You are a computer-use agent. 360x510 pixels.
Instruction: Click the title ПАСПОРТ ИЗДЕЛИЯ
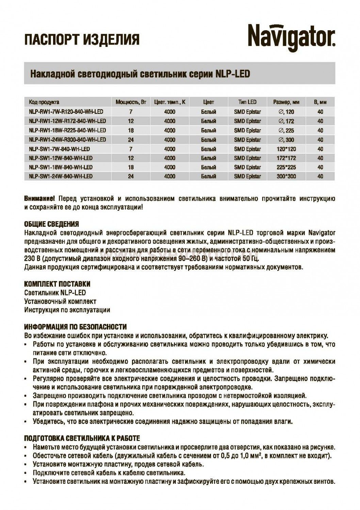coord(82,39)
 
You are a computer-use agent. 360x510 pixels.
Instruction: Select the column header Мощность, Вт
coord(131,102)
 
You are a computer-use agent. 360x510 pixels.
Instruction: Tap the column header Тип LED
coord(247,102)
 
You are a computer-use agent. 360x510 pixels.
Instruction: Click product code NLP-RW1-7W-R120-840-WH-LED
coord(66,112)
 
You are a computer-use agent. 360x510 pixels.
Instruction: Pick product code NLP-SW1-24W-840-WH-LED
coord(61,176)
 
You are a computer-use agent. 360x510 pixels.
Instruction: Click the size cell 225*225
coord(286,167)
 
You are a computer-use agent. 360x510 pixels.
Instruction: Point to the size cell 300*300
coord(286,176)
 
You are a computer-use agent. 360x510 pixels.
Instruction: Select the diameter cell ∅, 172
coord(286,121)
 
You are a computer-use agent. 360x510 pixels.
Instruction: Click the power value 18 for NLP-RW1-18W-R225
coord(131,130)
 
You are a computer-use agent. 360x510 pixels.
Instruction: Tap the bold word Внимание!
coord(39,199)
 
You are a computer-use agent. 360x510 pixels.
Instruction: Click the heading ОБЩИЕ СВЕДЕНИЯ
coord(52,224)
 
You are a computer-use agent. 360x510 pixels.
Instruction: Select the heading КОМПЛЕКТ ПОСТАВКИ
coord(58,284)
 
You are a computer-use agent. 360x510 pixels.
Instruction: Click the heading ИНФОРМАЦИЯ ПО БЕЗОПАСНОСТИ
coord(76,327)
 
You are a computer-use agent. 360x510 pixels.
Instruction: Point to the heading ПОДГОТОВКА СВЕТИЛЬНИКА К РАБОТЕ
coord(82,439)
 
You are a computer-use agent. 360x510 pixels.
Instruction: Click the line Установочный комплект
coord(60,301)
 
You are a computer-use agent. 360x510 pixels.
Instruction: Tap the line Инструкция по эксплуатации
coord(67,310)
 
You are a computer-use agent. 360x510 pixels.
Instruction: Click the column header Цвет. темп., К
coord(169,102)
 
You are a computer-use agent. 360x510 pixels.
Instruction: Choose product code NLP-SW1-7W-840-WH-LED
coord(60,149)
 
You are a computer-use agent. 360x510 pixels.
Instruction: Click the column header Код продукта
coord(44,102)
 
